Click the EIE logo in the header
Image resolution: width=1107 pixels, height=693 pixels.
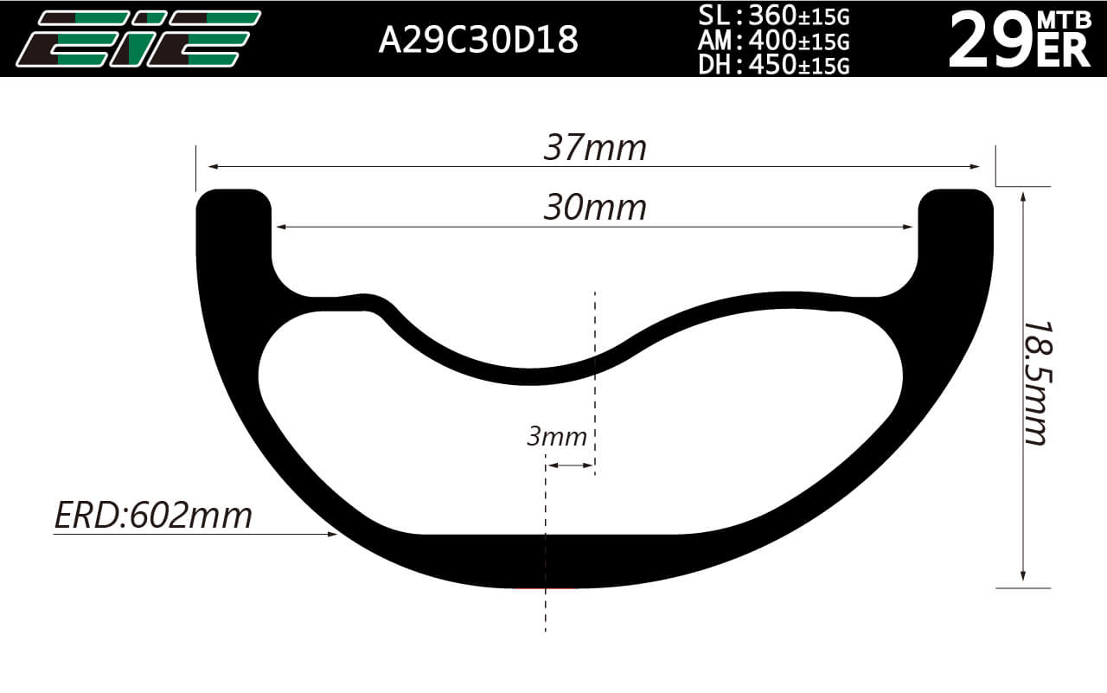point(138,39)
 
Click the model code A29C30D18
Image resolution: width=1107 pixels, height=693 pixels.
point(478,40)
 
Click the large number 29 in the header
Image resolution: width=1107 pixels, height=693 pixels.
point(991,41)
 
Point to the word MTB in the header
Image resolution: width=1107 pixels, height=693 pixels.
point(1064,20)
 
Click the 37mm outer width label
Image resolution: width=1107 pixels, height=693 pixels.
point(595,147)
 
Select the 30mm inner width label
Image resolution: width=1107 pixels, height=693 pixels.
point(595,208)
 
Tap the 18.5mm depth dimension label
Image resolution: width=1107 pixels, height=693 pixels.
point(1038,383)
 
